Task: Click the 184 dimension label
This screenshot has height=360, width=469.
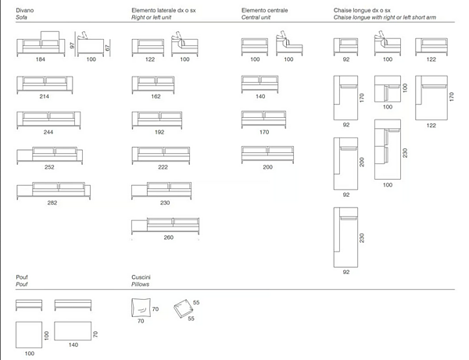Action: pyautogui.click(x=40, y=59)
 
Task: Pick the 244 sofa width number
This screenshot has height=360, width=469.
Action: pyautogui.click(x=48, y=131)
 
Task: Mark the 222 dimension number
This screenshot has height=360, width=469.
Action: pyautogui.click(x=163, y=167)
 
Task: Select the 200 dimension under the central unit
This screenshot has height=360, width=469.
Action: pyautogui.click(x=267, y=167)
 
